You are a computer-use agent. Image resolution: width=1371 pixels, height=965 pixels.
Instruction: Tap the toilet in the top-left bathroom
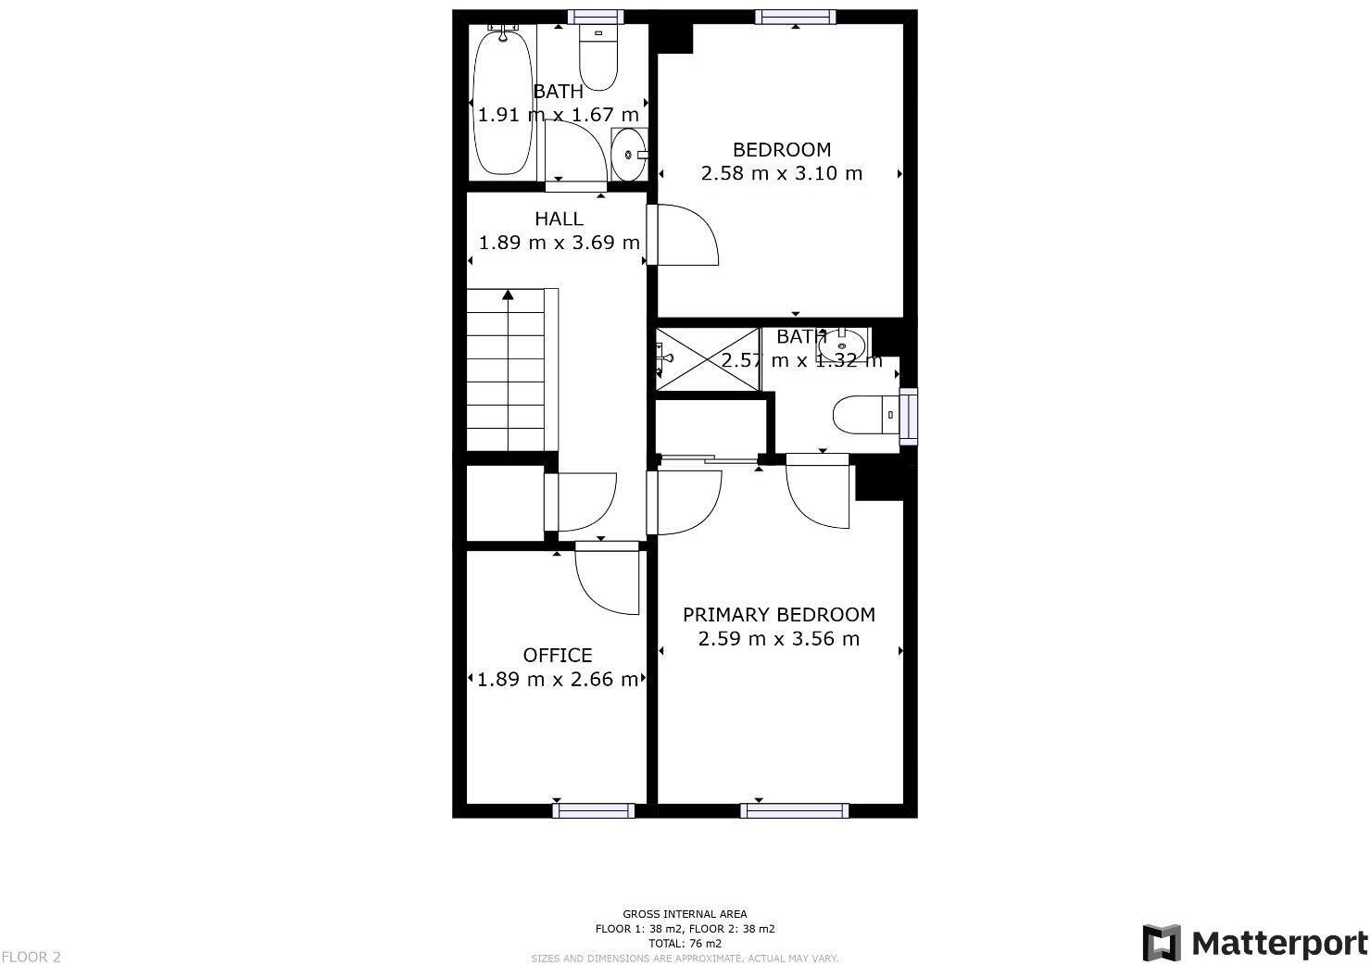pos(597,57)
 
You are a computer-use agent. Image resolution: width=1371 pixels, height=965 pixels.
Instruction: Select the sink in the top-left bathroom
pos(628,155)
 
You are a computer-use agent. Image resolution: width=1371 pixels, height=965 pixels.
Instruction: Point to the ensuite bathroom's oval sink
pos(841,345)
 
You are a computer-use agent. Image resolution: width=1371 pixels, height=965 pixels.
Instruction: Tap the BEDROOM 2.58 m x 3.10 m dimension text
pos(781,173)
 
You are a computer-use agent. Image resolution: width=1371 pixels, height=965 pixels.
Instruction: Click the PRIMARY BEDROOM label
pos(778,615)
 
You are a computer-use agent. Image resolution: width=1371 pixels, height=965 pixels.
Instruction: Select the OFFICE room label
pos(558,656)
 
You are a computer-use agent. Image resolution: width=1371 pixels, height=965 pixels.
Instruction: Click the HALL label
pos(559,219)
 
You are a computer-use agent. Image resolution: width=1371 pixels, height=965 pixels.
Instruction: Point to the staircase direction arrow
pos(508,295)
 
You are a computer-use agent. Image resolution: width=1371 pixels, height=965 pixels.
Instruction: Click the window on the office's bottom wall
pos(594,811)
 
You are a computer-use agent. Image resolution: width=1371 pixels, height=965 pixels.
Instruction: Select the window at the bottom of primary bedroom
pos(794,811)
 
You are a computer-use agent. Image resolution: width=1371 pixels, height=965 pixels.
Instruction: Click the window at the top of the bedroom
pos(795,17)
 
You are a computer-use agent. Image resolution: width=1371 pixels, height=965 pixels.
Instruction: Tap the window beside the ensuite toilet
pos(910,416)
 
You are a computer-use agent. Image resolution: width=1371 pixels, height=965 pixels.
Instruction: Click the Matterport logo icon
pos(1162,943)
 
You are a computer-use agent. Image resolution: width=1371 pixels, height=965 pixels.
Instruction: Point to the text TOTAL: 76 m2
pos(685,944)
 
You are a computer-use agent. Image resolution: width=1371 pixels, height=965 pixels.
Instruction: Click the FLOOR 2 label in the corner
pos(31,957)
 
